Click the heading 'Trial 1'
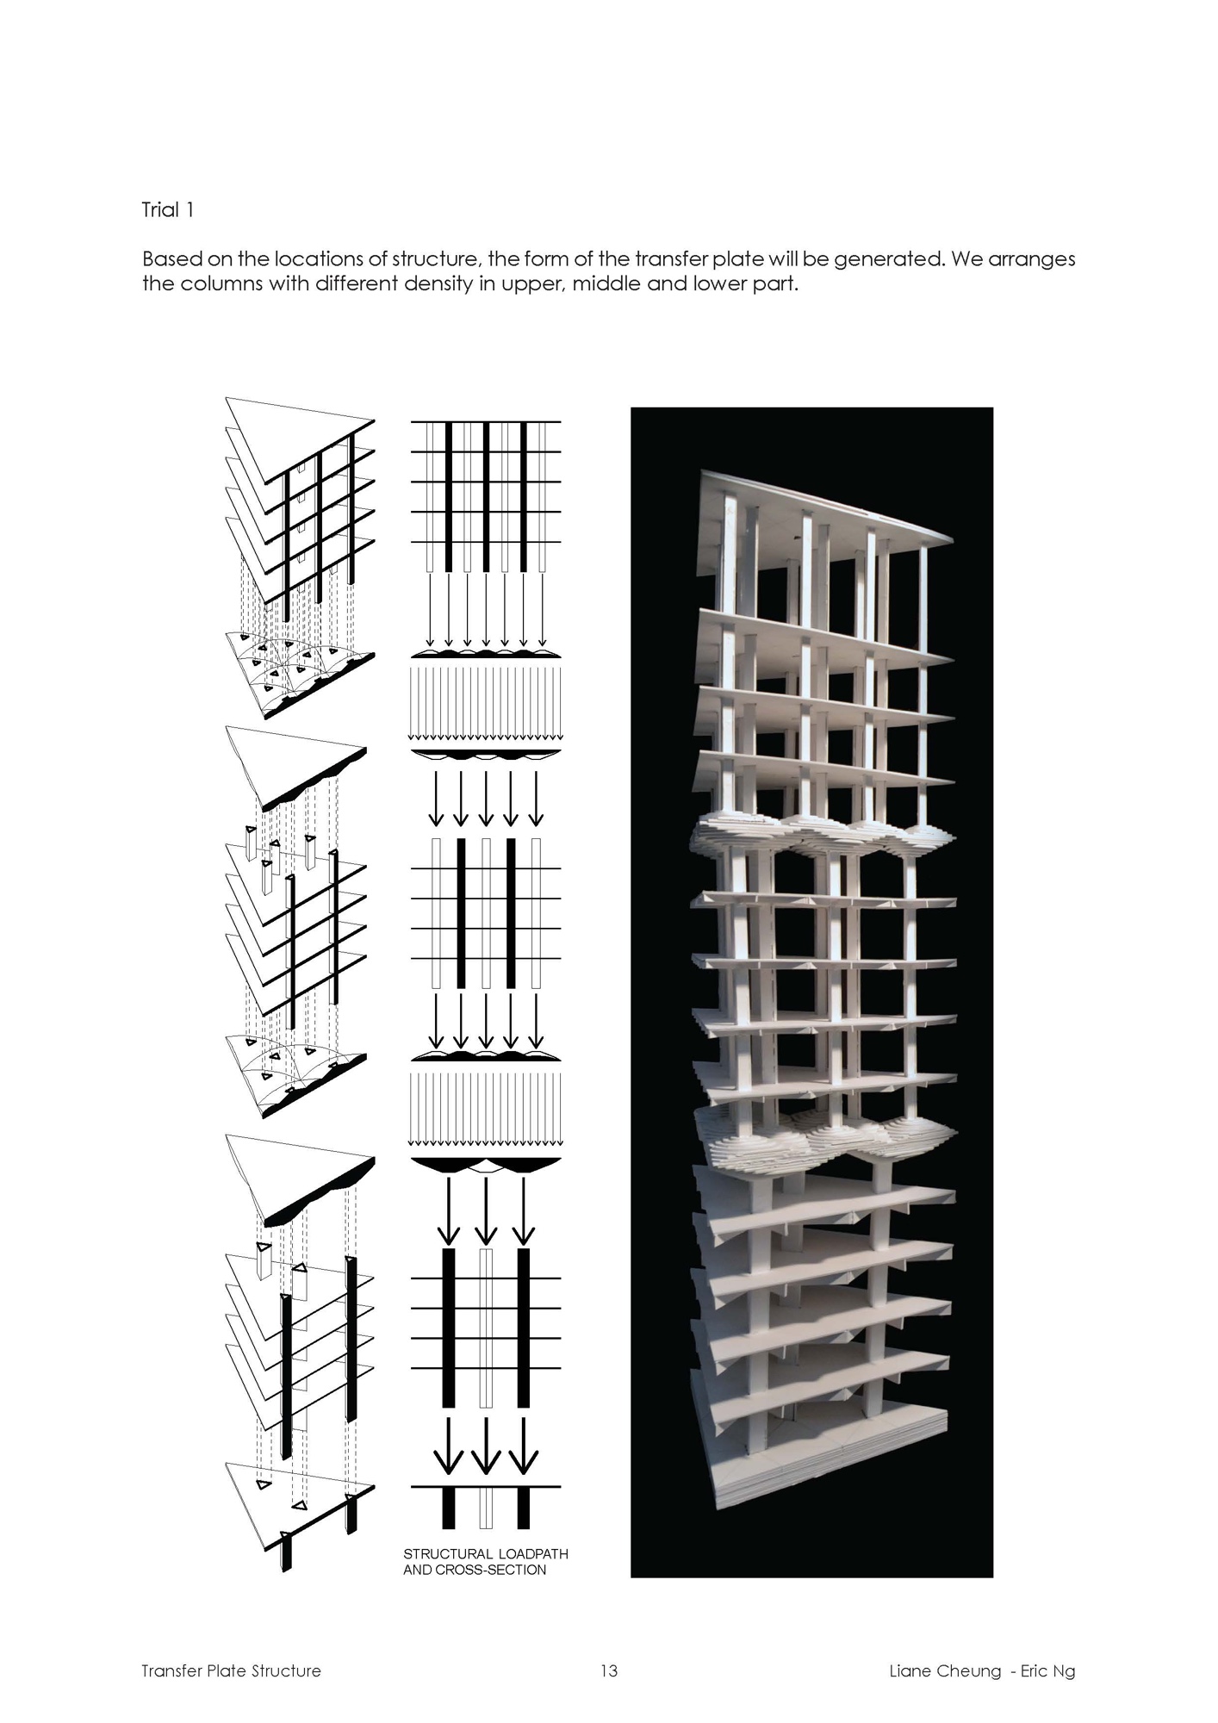[167, 210]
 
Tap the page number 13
[609, 1671]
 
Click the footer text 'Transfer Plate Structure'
[231, 1671]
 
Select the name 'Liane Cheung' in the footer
[945, 1671]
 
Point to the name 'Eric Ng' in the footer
[1047, 1671]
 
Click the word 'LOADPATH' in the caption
[533, 1554]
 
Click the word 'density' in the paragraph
[431, 283]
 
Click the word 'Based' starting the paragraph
[170, 259]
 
